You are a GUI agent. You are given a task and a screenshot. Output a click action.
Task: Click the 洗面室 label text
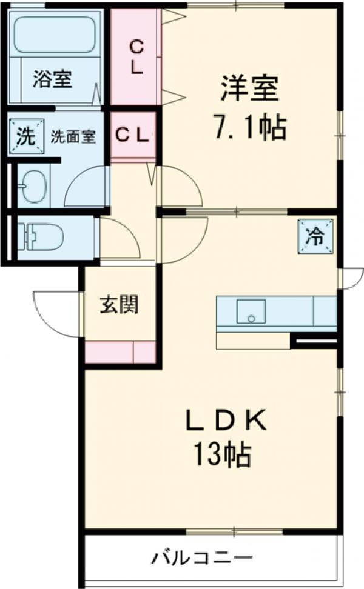click(73, 136)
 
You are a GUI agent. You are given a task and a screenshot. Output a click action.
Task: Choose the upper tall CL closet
click(135, 57)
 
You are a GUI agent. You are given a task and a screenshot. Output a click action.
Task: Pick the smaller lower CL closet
click(132, 135)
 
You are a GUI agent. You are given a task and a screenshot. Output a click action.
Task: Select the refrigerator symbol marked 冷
click(315, 235)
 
